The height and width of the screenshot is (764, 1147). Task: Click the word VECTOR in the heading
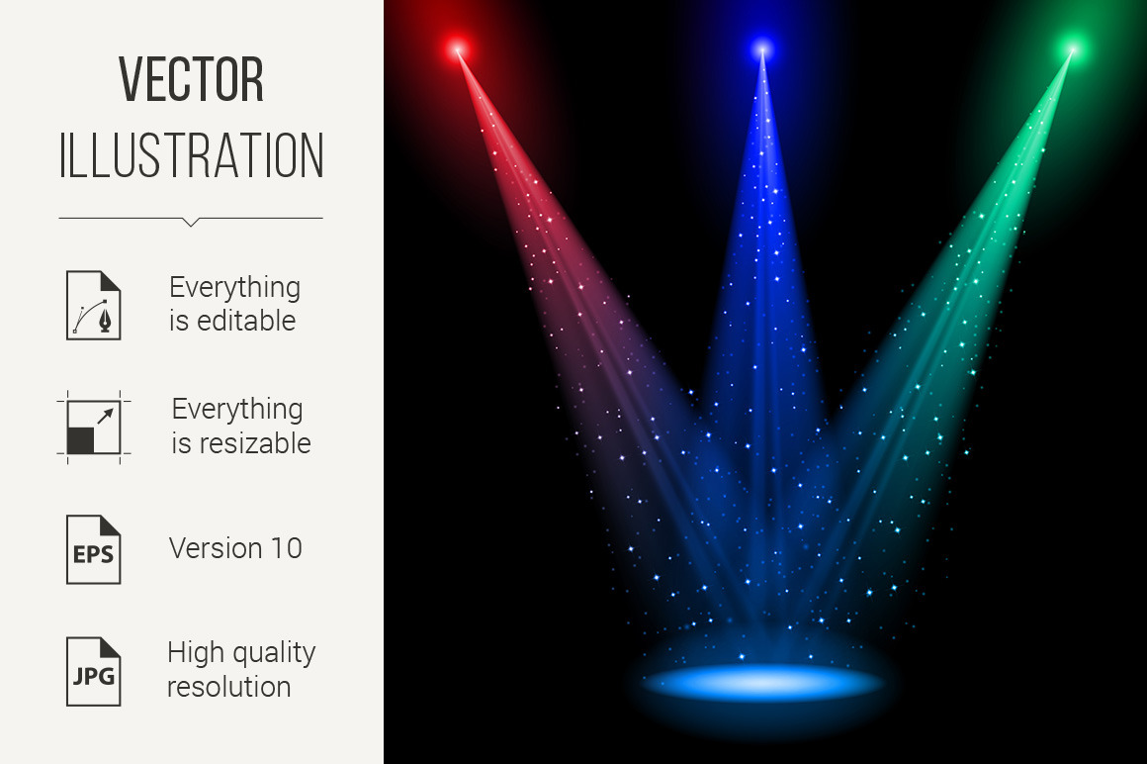(x=191, y=79)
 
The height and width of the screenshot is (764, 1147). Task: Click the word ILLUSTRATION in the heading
(x=191, y=155)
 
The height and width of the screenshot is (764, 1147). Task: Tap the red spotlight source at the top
(x=458, y=49)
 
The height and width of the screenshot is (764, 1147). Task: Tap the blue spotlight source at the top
(x=762, y=49)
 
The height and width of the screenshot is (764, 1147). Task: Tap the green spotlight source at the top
(x=1073, y=49)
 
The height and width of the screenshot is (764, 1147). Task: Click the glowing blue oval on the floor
(x=763, y=682)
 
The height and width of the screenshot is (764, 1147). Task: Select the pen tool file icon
(x=94, y=305)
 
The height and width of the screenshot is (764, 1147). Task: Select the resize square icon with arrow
(x=94, y=428)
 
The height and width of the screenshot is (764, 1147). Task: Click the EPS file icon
(x=94, y=549)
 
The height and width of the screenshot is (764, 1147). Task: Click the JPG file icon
(x=94, y=672)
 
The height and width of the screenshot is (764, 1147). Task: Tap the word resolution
(x=229, y=687)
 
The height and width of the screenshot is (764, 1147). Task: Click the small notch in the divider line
(x=191, y=222)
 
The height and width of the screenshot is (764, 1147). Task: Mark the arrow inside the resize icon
(x=106, y=417)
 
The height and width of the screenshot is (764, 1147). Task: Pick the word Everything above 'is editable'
(x=234, y=288)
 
